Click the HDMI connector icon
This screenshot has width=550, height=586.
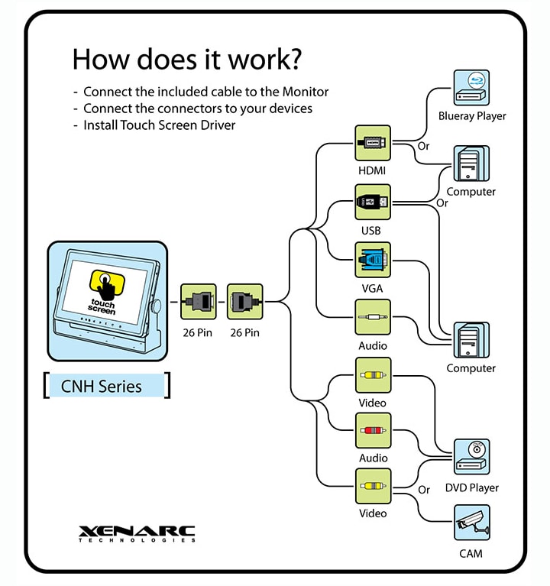pos(373,143)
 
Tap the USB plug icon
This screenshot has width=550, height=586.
pos(373,202)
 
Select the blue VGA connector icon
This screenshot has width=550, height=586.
pos(373,260)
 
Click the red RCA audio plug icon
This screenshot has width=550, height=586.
pos(373,431)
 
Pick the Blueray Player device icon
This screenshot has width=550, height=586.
pos(471,88)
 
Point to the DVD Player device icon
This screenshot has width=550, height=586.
pos(471,457)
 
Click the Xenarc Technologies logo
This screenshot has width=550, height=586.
pos(137,533)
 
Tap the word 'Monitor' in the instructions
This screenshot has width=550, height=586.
pos(306,92)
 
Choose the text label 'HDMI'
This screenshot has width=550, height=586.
pos(372,171)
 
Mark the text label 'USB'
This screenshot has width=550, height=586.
pos(372,230)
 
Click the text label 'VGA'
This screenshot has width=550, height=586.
pos(372,289)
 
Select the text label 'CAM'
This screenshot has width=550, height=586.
pos(471,553)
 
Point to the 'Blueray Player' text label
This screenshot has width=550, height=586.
pos(472,116)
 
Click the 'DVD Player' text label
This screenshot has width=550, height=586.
pos(472,487)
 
